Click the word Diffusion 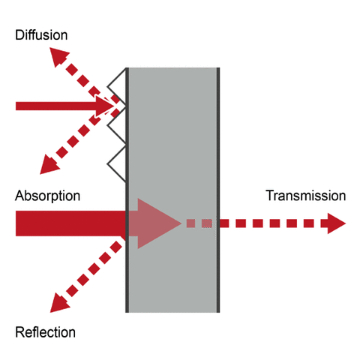coord(40,34)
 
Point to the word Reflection coord(45,332)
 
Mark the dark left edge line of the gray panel coord(127,285)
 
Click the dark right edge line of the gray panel coord(218,150)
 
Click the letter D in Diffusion coord(19,34)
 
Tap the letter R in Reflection coord(19,332)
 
